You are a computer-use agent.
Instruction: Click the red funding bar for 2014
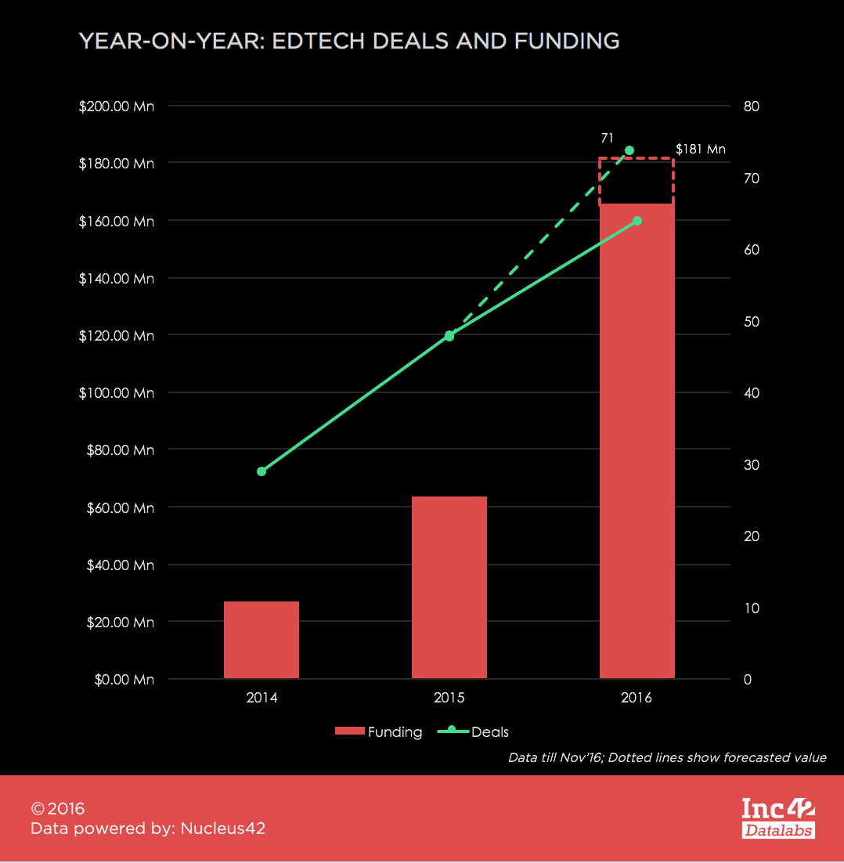[261, 639]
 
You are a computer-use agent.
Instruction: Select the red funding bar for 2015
[449, 587]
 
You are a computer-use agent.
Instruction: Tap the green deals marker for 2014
[261, 471]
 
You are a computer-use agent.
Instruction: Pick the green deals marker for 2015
[449, 335]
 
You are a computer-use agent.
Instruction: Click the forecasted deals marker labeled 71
[629, 150]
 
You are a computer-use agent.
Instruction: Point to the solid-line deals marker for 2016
[637, 221]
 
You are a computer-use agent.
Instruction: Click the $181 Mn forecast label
[701, 149]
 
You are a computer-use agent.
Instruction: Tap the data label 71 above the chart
[607, 138]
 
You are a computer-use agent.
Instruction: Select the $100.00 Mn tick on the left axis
[117, 392]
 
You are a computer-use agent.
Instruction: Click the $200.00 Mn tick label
[117, 106]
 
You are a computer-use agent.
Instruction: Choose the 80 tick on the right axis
[751, 106]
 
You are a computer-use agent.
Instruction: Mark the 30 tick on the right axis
[751, 464]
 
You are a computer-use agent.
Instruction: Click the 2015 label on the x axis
[449, 698]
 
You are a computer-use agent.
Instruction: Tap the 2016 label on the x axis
[637, 698]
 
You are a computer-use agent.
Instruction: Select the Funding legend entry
[379, 732]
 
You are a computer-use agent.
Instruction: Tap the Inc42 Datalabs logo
[777, 818]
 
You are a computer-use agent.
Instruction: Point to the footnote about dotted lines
[667, 757]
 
